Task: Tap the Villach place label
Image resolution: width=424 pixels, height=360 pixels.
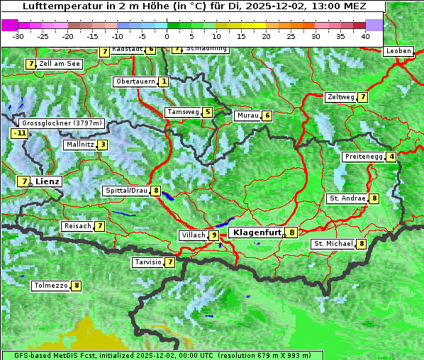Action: point(193,235)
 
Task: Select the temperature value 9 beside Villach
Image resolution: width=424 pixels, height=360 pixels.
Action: point(214,235)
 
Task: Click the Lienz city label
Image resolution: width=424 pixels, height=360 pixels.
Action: point(48,181)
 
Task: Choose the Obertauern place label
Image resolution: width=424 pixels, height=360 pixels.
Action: point(135,81)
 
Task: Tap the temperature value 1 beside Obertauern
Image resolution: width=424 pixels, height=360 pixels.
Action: point(164,81)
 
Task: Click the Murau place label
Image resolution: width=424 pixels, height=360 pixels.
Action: point(247,116)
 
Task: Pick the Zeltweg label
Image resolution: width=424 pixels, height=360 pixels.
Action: point(340,97)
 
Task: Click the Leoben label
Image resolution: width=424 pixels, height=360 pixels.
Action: point(398,51)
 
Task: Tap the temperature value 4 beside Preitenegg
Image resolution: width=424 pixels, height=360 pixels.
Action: point(391,157)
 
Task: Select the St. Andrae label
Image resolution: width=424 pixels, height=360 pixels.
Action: point(347,198)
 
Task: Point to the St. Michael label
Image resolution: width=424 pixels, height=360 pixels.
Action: point(333,244)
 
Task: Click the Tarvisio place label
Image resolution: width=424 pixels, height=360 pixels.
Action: point(147,262)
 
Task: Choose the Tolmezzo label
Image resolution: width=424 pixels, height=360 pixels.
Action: point(50,286)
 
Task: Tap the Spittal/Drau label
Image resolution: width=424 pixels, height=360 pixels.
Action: point(125,191)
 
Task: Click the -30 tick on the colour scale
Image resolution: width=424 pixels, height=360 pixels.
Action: point(18,36)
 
